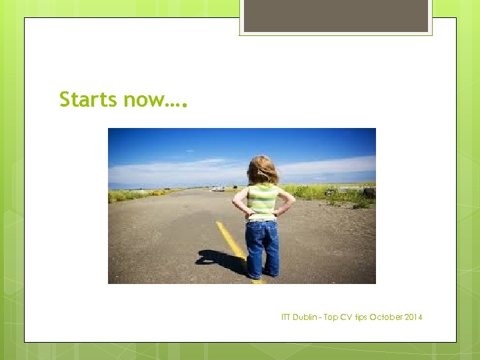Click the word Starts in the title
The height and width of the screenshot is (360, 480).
point(85,100)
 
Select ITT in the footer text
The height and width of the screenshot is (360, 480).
point(287,317)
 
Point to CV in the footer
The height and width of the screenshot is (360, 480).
point(345,317)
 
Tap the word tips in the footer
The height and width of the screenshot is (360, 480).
point(360,317)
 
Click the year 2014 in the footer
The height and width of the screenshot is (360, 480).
point(413,317)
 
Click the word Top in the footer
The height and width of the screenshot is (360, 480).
point(331,317)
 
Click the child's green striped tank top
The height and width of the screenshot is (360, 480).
point(262,200)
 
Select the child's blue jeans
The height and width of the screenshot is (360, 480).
point(262,247)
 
